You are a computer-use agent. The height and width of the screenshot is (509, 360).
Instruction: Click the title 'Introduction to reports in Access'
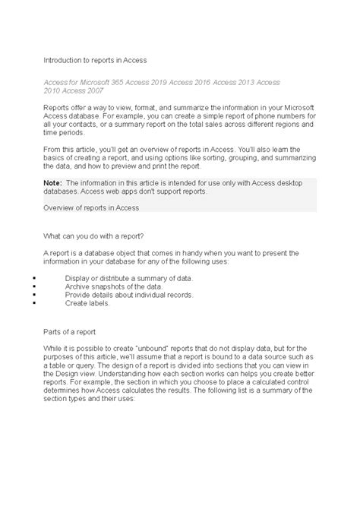click(x=94, y=58)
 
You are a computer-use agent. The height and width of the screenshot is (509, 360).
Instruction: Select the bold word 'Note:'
click(x=52, y=183)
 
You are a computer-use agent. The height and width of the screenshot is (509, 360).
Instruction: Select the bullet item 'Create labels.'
click(x=87, y=303)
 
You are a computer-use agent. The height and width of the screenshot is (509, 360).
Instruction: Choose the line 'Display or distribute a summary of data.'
click(x=129, y=278)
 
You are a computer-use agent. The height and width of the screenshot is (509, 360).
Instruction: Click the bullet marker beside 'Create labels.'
click(x=36, y=303)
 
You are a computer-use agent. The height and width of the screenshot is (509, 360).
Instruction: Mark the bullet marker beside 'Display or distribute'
click(x=36, y=278)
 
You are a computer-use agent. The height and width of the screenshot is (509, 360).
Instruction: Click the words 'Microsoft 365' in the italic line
click(x=104, y=81)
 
